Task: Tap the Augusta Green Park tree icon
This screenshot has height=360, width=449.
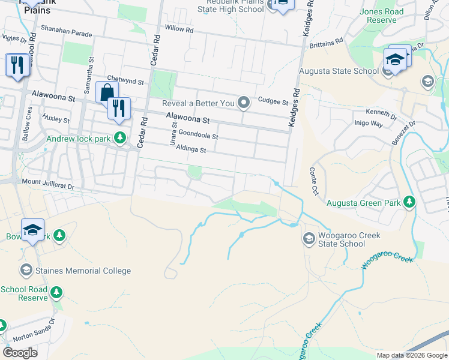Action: pos(409,202)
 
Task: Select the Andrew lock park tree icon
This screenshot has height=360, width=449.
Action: pos(120,137)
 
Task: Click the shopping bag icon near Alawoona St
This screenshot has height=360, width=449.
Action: pos(106,92)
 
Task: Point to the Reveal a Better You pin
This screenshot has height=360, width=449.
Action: pos(244,103)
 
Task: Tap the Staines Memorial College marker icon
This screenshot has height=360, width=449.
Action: pos(26,271)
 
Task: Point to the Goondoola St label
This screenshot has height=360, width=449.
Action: pos(198,136)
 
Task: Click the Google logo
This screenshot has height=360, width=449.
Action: pos(20,353)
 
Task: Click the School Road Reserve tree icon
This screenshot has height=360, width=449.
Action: pos(56,292)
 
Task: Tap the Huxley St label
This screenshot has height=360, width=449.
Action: pos(56,119)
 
